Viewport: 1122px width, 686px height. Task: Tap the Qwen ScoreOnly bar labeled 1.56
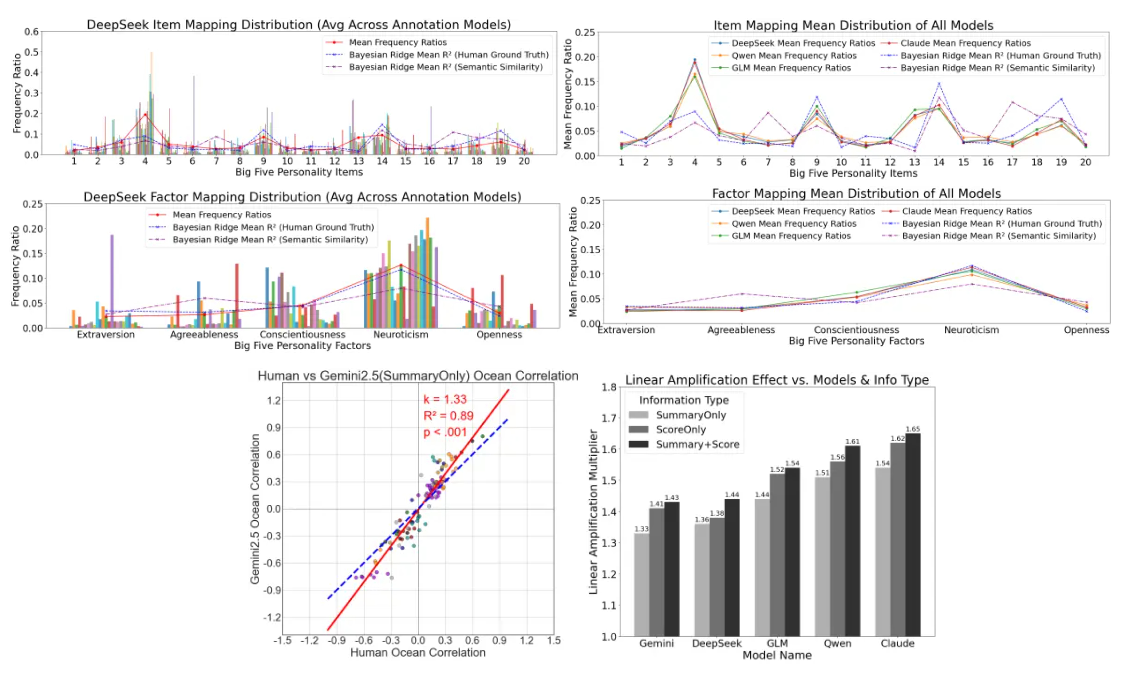tap(837, 549)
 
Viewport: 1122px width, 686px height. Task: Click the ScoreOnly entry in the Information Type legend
tap(667, 429)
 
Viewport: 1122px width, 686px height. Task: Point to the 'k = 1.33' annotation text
tap(445, 399)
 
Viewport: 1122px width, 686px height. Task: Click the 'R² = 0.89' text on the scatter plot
tap(448, 415)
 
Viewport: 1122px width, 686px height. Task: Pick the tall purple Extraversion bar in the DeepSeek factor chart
tap(112, 281)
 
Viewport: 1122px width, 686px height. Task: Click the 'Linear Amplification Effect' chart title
tap(777, 380)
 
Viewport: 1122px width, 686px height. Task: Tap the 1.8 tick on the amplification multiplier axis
tap(609, 388)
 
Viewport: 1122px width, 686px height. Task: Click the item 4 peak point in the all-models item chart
tap(694, 60)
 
